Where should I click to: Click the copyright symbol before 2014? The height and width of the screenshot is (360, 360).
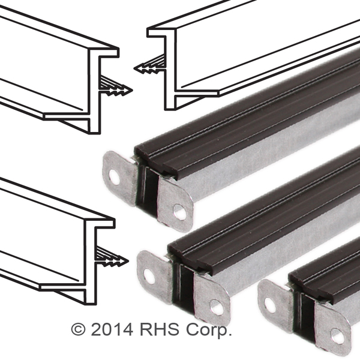78,329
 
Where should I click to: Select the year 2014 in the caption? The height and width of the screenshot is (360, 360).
112,329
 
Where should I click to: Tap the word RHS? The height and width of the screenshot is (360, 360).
160,329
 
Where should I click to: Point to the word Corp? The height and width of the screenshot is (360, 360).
208,331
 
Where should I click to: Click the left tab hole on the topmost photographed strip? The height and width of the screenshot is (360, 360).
114,177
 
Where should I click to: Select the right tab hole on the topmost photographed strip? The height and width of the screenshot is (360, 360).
180,212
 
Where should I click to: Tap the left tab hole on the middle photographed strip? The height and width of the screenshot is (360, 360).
149,277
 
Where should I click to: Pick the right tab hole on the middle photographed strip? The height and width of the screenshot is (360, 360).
217,307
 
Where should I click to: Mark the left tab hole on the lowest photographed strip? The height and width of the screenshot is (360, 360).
270,305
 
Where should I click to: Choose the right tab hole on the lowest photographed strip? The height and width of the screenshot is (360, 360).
338,337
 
